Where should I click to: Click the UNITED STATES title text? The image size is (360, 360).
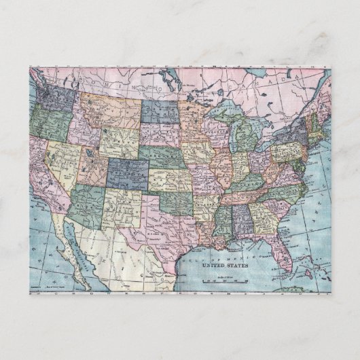225,266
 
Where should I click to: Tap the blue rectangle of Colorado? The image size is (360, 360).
126,174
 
